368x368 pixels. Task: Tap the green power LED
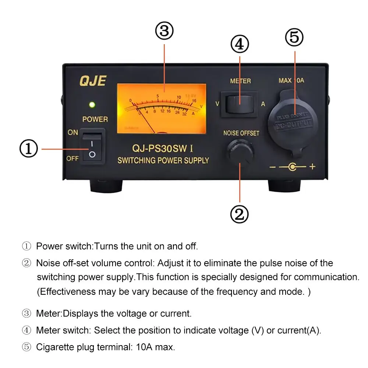tap(92, 105)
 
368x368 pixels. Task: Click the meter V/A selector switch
tap(240, 104)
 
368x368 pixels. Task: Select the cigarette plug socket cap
tap(293, 121)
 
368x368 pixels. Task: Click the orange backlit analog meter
tap(162, 108)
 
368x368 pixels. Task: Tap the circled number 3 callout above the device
tap(164, 32)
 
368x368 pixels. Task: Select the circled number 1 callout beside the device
tap(29, 149)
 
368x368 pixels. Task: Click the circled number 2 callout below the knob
tap(240, 213)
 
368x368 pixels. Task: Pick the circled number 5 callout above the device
tap(294, 38)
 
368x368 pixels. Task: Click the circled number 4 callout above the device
tap(240, 44)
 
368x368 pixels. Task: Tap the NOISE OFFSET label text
tap(241, 133)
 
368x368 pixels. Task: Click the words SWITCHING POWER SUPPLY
tap(163, 160)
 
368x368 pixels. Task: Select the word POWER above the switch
tap(95, 119)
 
